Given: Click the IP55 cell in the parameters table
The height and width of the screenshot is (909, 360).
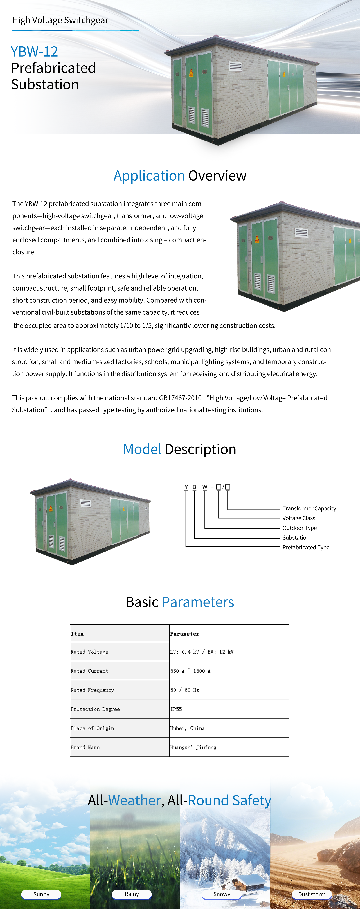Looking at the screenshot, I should [176, 709].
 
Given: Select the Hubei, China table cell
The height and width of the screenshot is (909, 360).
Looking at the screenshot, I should [187, 728].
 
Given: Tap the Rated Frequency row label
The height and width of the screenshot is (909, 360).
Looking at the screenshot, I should [93, 690].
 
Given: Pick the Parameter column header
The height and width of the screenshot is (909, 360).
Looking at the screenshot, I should [184, 634].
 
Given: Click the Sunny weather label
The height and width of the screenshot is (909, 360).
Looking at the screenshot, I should [41, 894].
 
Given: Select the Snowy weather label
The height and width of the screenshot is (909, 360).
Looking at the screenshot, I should [222, 894].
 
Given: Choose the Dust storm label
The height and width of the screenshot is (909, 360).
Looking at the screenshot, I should [312, 894].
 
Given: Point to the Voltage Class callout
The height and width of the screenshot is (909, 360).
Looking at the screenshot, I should [299, 518].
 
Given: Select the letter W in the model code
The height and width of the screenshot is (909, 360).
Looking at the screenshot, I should [205, 487].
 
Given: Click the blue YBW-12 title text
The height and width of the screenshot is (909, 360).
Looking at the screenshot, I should [34, 51].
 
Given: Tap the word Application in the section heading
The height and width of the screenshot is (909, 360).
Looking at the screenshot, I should [149, 176].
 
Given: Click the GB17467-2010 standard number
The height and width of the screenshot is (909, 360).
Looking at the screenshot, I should [180, 398].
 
